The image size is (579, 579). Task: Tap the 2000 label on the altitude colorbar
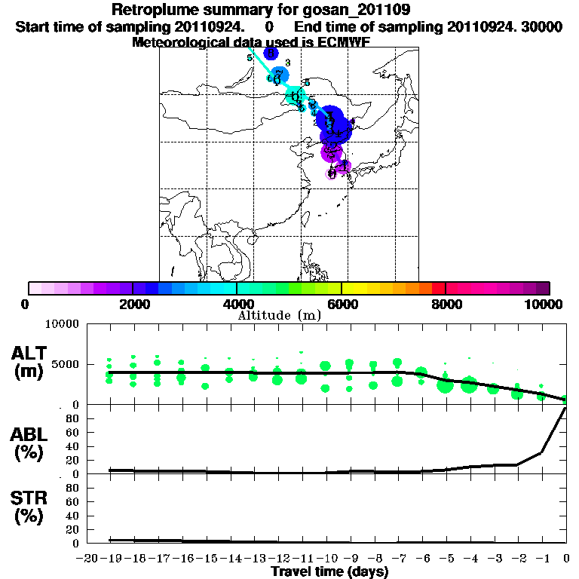[x=132, y=304]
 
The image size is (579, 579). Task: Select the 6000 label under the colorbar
[x=341, y=304]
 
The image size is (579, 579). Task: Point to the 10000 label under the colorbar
[x=544, y=304]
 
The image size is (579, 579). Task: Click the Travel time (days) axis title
[x=329, y=571]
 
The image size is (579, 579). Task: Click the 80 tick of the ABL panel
[x=72, y=418]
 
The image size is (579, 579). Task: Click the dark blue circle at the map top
[x=271, y=53]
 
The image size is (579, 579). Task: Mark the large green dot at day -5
[x=445, y=386]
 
